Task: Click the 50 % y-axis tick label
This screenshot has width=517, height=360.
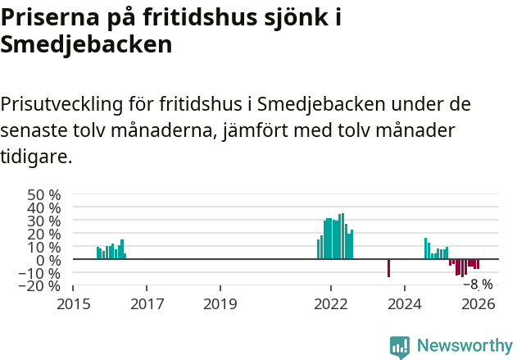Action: click(x=44, y=195)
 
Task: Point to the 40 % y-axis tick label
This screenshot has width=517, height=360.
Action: click(x=44, y=208)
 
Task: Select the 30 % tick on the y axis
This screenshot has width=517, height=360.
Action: click(x=44, y=221)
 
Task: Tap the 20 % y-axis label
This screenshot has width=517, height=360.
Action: click(x=44, y=234)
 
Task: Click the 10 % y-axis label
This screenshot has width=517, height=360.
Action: click(x=44, y=247)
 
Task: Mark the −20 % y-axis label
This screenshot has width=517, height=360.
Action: click(x=41, y=286)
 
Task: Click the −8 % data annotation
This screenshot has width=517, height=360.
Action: click(x=478, y=285)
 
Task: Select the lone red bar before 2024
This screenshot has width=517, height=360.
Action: click(x=388, y=268)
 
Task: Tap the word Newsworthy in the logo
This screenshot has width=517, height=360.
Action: click(x=465, y=345)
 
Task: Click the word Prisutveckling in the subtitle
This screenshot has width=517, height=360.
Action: click(x=61, y=105)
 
